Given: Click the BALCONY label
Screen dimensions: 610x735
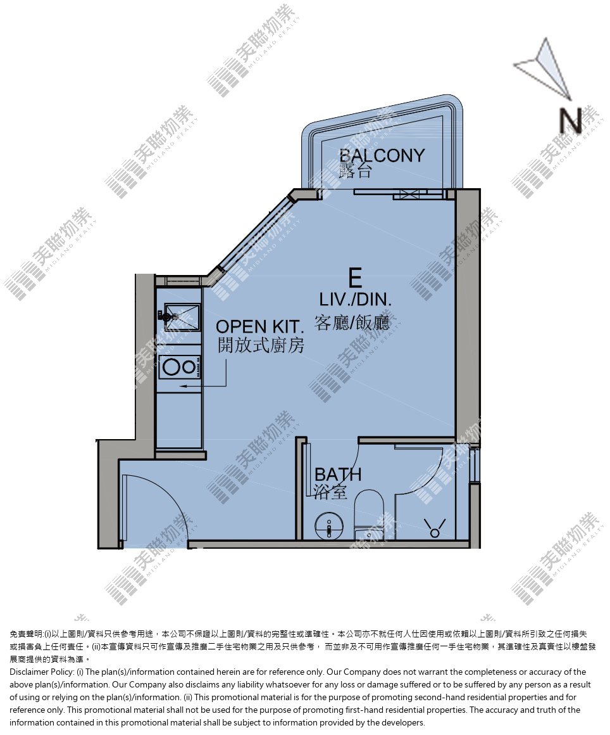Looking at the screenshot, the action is click(x=382, y=155).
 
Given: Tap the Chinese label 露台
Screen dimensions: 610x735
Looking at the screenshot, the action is click(x=356, y=171).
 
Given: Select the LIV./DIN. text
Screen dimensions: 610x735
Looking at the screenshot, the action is click(x=356, y=300).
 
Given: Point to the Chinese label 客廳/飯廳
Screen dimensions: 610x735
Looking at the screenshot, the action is click(x=352, y=323).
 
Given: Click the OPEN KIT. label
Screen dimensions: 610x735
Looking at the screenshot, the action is click(x=260, y=327).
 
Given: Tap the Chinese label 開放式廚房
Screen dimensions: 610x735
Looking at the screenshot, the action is click(x=261, y=345).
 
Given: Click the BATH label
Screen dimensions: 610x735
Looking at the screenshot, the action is click(x=338, y=475).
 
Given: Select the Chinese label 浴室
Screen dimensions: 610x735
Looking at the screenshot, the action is click(x=330, y=492).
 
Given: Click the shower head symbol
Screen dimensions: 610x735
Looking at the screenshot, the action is click(x=435, y=528).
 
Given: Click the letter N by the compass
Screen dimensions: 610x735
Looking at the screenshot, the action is click(x=571, y=120).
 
